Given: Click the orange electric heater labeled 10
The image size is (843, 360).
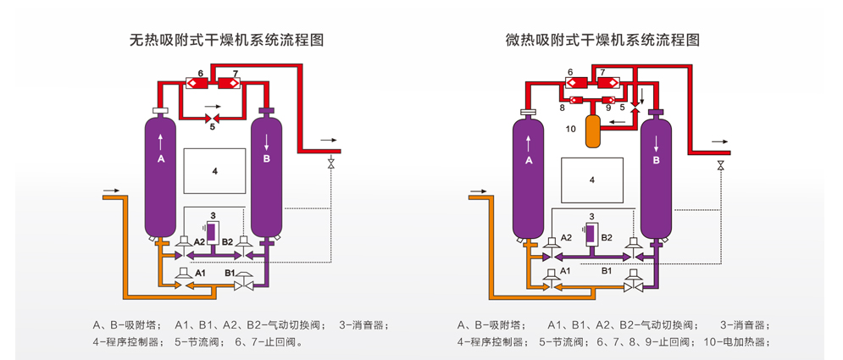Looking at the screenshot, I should (x=593, y=130).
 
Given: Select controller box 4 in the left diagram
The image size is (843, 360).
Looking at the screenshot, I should (x=215, y=171).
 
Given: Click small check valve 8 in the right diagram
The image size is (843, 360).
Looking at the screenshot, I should (x=576, y=100).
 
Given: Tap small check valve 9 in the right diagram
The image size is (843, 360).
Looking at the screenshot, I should (x=608, y=100).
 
